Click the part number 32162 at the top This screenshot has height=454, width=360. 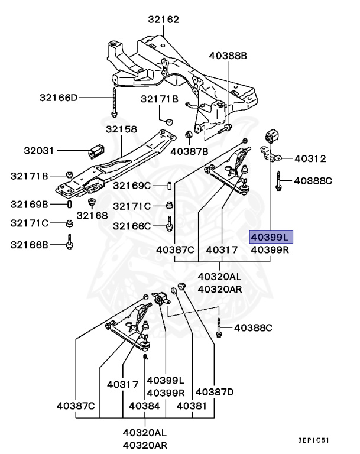pos(163,19)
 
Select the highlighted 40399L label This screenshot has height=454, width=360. pos(270,237)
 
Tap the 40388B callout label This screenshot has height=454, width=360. pos(228,56)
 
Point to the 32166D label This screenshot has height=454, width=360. pos(59,97)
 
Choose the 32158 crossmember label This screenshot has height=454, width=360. pos(121,129)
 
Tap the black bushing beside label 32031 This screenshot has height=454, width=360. pos(96,151)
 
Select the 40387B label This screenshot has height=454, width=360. pos(189,151)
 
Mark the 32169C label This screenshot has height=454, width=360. pos(132,186)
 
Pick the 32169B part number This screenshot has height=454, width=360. pos(29,205)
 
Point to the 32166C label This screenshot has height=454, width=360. pos(132,226)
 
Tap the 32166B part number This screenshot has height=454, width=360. pos(29,243)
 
